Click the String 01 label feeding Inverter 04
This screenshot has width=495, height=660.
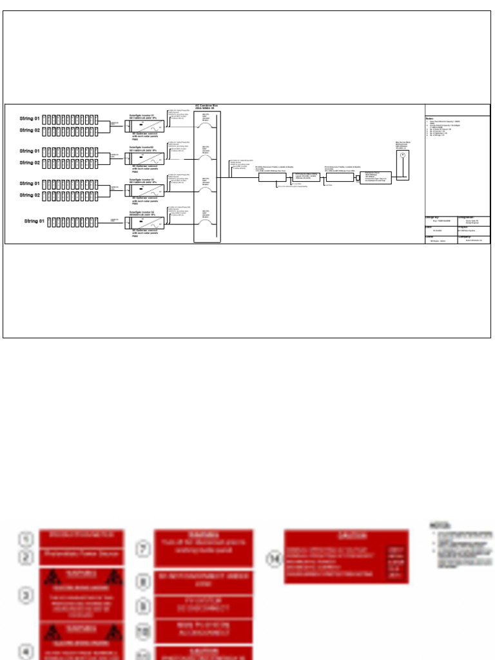point(35,222)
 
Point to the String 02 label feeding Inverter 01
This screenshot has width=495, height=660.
point(30,130)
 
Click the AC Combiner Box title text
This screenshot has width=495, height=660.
point(208,107)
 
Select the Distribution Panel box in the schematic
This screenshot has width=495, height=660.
point(375,177)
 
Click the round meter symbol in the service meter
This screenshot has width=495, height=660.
point(402,156)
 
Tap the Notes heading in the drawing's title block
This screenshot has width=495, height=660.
point(430,119)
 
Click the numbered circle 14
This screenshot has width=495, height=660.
point(274,559)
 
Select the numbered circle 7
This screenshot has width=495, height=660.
point(144,548)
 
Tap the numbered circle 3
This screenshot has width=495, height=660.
point(25,595)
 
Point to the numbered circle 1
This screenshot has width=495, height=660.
point(25,538)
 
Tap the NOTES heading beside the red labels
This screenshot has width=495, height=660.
point(440,526)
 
